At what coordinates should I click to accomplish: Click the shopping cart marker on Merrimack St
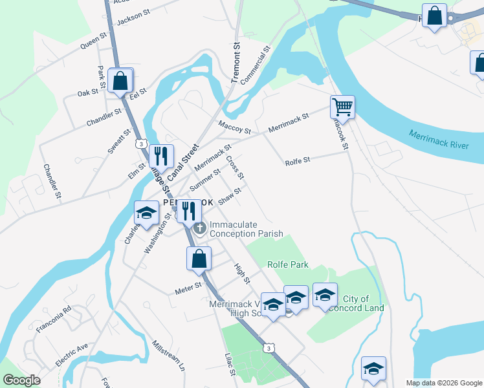tap(342, 107)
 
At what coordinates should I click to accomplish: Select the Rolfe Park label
tap(288, 264)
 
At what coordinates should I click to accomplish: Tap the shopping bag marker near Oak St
tap(120, 81)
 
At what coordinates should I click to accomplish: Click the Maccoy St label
tap(234, 127)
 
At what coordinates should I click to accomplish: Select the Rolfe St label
tap(298, 160)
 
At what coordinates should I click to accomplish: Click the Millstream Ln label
tap(168, 355)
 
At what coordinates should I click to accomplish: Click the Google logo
tap(22, 380)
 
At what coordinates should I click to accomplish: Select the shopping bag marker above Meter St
tap(199, 259)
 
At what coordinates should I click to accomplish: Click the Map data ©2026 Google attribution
tap(443, 383)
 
